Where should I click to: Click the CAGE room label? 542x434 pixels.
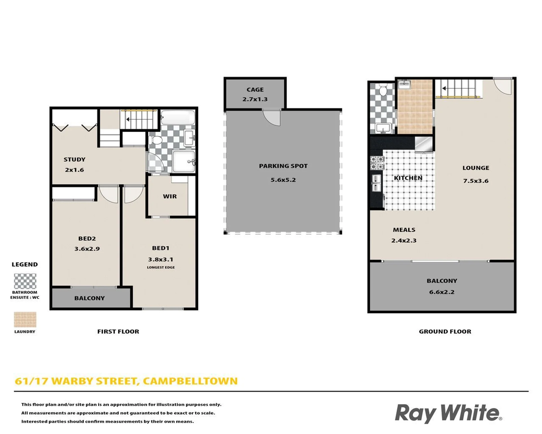[255, 90]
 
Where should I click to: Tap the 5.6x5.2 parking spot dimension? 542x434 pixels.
[283, 180]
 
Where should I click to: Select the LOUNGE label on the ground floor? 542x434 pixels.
[476, 168]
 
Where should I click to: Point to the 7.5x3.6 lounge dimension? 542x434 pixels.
[476, 181]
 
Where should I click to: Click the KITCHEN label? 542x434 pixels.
[408, 178]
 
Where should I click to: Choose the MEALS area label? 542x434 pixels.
[404, 230]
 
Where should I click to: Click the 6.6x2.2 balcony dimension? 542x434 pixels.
[442, 292]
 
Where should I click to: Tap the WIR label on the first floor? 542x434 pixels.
[170, 196]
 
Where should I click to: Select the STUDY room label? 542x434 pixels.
[75, 159]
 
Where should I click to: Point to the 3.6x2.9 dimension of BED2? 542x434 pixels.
[87, 249]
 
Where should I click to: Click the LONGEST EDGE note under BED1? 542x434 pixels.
[161, 267]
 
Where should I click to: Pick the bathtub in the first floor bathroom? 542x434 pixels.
[178, 118]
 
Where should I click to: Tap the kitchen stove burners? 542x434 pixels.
[377, 163]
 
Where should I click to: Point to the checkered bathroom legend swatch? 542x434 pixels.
[25, 281]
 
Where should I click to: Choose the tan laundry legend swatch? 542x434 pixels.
[25, 320]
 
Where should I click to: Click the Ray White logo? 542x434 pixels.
[449, 413]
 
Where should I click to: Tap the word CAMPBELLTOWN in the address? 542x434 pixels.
[190, 381]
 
